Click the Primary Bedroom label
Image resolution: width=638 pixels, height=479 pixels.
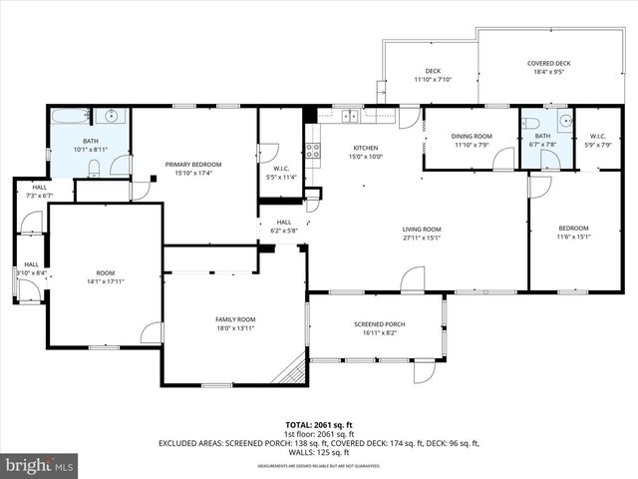tap(193, 164)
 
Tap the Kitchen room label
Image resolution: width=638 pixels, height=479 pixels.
tap(366, 148)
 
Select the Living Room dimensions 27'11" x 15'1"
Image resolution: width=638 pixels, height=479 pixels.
tap(422, 239)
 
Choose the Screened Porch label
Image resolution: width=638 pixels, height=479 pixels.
tap(376, 324)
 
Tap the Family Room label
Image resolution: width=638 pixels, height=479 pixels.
tap(235, 319)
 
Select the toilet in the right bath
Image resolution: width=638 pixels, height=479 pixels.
tap(531, 124)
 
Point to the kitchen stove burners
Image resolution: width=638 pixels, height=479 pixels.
tap(312, 151)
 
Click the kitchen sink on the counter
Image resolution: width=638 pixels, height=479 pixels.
tap(350, 116)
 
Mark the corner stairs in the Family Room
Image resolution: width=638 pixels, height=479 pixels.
tap(290, 370)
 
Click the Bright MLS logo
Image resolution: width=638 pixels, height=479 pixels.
tap(40, 464)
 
